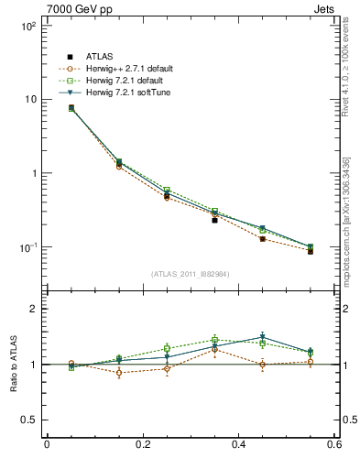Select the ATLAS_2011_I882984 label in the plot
190,274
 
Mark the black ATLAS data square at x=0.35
214,220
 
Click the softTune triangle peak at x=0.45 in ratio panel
263,337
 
